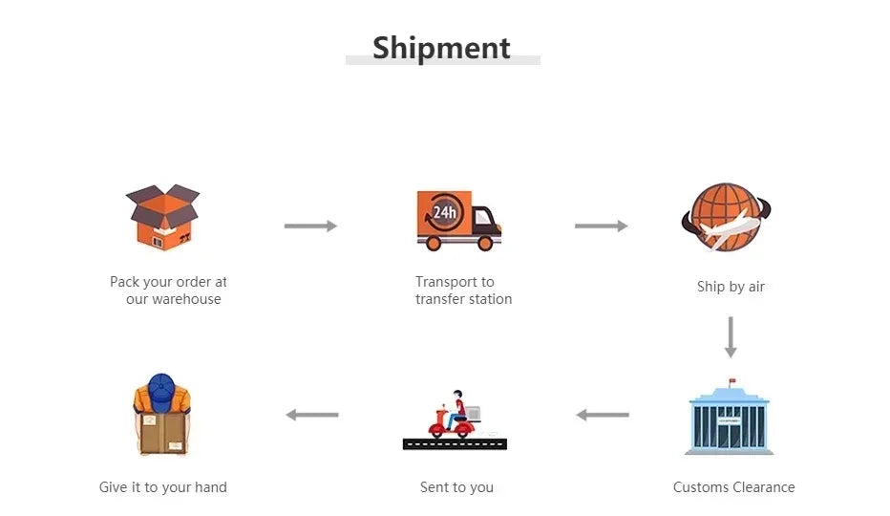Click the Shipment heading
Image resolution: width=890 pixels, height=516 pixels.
point(441,48)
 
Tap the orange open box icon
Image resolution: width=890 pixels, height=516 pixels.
point(162,217)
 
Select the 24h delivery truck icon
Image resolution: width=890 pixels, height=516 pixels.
point(458,220)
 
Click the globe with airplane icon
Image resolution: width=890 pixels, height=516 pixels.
point(726,217)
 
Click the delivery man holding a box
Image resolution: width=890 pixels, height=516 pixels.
point(162,415)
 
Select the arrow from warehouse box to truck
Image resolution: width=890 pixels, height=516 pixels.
point(310,226)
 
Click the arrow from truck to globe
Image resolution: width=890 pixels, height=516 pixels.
point(601,226)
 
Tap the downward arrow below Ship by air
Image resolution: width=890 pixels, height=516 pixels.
point(731,336)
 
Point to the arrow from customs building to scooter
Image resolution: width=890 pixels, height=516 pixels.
point(603,415)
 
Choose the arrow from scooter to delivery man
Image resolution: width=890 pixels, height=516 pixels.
point(312,415)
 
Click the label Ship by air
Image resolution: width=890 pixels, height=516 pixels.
point(731,287)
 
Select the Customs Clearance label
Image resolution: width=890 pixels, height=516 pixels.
point(733,487)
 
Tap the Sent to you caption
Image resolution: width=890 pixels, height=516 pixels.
point(456,487)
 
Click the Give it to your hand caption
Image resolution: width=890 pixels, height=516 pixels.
point(163,487)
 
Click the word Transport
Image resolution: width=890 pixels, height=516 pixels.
point(446,282)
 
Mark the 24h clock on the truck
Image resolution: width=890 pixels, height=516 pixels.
point(444,213)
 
